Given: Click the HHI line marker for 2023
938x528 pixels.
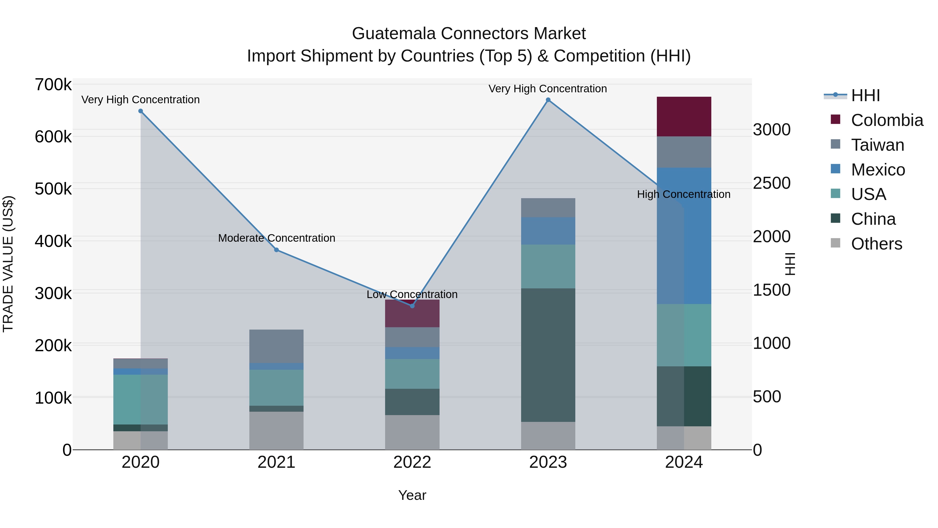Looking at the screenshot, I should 548,100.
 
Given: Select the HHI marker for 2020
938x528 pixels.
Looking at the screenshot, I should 140,111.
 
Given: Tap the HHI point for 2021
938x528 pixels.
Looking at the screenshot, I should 276,250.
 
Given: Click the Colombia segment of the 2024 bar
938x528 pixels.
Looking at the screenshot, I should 684,117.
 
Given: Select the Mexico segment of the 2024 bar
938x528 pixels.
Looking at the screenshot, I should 684,236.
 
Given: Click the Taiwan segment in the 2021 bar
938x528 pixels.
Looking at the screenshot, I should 276,346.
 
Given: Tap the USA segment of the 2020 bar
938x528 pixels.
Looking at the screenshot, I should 140,399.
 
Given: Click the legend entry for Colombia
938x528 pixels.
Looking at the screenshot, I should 887,120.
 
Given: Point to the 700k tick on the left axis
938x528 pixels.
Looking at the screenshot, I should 53,85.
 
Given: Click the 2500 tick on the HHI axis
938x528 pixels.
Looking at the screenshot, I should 771,183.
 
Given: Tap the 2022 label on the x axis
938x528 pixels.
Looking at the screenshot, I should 412,462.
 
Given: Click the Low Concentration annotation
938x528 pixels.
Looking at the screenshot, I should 412,294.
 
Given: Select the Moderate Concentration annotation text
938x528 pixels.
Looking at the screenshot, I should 276,238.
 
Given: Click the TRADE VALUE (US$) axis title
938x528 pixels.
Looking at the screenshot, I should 8,264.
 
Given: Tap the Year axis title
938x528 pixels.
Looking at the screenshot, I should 412,495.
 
